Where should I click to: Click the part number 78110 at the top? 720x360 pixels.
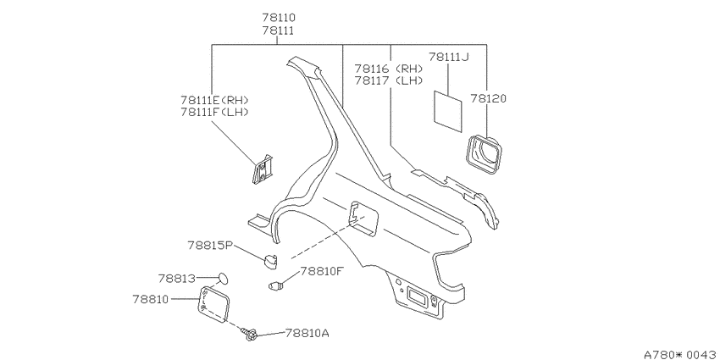pos(279,18)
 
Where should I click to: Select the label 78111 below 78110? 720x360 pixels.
pos(279,30)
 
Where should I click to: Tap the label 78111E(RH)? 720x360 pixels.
pos(214,100)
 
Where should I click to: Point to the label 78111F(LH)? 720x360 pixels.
pos(214,112)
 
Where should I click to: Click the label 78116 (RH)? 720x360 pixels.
pos(389,69)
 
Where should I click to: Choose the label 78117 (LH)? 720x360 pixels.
pos(389,80)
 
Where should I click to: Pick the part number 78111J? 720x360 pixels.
pos(449,57)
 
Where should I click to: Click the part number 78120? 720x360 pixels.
pos(488,98)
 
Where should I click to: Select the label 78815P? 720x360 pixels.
pos(210,245)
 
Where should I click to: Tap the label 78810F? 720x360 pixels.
pos(322,271)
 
